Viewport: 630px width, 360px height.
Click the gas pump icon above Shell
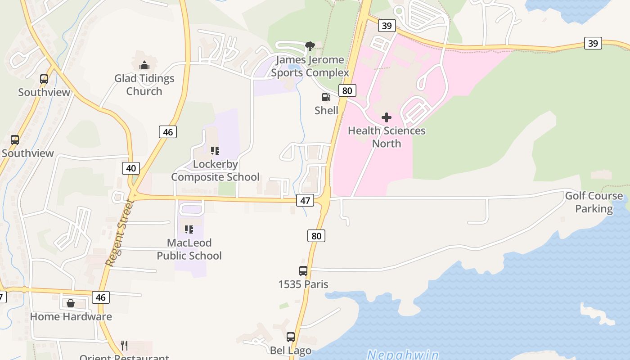(x=326, y=97)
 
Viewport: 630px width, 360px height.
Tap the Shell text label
(x=326, y=110)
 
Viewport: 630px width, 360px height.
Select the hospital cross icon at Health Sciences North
(x=386, y=117)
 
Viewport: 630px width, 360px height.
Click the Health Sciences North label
(x=387, y=137)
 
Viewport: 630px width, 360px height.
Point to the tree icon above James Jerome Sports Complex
(x=310, y=45)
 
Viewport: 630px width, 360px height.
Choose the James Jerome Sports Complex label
(x=310, y=66)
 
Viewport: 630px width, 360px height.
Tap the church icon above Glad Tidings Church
(x=144, y=65)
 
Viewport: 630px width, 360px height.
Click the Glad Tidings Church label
(x=144, y=85)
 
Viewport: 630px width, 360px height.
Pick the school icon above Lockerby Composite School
(x=215, y=150)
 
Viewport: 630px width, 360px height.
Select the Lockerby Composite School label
(x=215, y=171)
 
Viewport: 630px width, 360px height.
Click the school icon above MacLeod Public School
(x=189, y=229)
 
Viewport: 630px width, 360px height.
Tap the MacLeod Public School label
(x=189, y=249)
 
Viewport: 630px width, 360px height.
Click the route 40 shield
(x=131, y=168)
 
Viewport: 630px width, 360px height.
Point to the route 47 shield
(x=305, y=200)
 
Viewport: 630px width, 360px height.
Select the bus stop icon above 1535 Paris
(x=303, y=271)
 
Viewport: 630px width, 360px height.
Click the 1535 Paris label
(x=303, y=284)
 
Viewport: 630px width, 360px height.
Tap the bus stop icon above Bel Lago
(x=291, y=337)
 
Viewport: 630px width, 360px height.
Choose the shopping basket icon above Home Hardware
(x=71, y=303)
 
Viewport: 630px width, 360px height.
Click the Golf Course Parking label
(x=594, y=202)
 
